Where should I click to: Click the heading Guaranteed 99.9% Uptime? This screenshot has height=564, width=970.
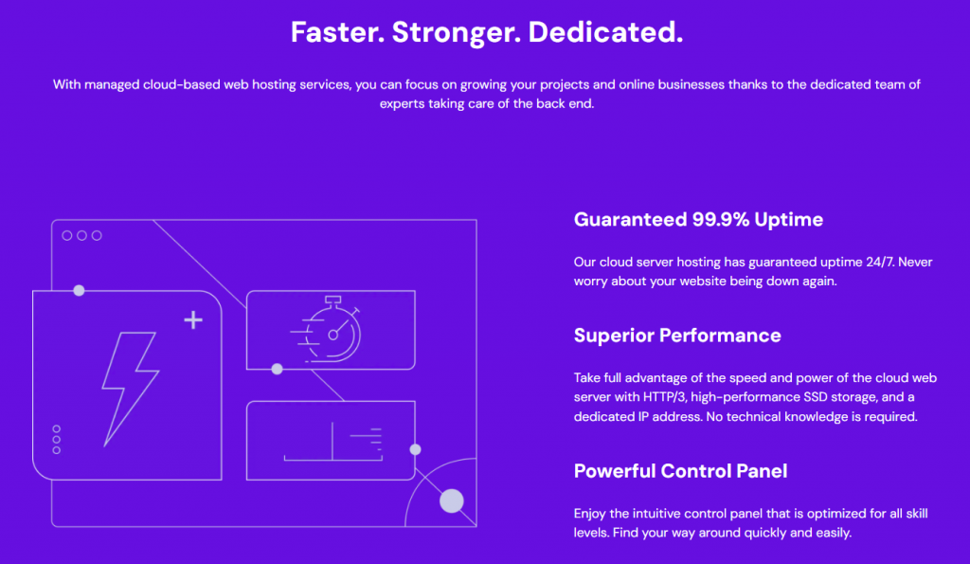(x=698, y=220)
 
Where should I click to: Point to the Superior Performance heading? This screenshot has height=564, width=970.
(x=677, y=336)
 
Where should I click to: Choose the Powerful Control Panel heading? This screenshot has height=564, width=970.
(x=680, y=471)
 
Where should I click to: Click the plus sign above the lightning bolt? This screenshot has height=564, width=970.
(x=193, y=319)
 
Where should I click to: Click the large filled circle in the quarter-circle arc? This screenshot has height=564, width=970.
(x=452, y=500)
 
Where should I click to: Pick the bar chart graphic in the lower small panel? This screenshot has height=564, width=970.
(x=332, y=441)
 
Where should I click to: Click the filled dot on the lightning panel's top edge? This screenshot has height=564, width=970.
(x=79, y=290)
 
